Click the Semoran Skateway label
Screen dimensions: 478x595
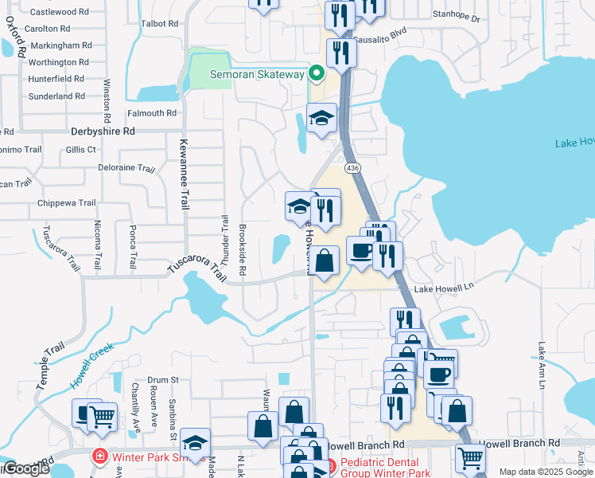[257, 74]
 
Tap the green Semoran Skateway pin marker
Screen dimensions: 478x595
[317, 74]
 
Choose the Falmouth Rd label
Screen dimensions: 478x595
[151, 113]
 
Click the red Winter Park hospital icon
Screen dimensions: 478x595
[100, 457]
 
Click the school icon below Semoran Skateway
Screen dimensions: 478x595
[321, 119]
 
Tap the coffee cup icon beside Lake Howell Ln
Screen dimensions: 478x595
[360, 250]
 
